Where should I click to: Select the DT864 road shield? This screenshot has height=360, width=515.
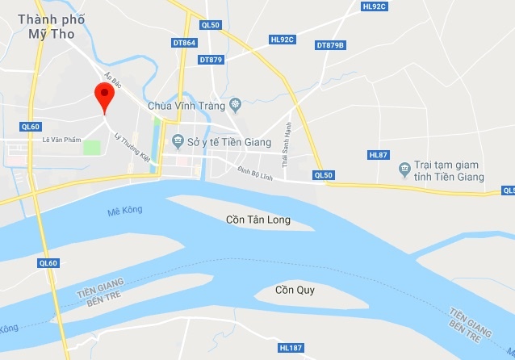185,42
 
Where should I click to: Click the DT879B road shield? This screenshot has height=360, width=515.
330,45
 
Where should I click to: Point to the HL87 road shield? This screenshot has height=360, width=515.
378,154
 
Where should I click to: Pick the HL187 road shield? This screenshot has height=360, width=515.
290,348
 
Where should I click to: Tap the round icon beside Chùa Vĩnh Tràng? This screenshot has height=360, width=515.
235,104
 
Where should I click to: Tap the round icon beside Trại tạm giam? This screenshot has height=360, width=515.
404,170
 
